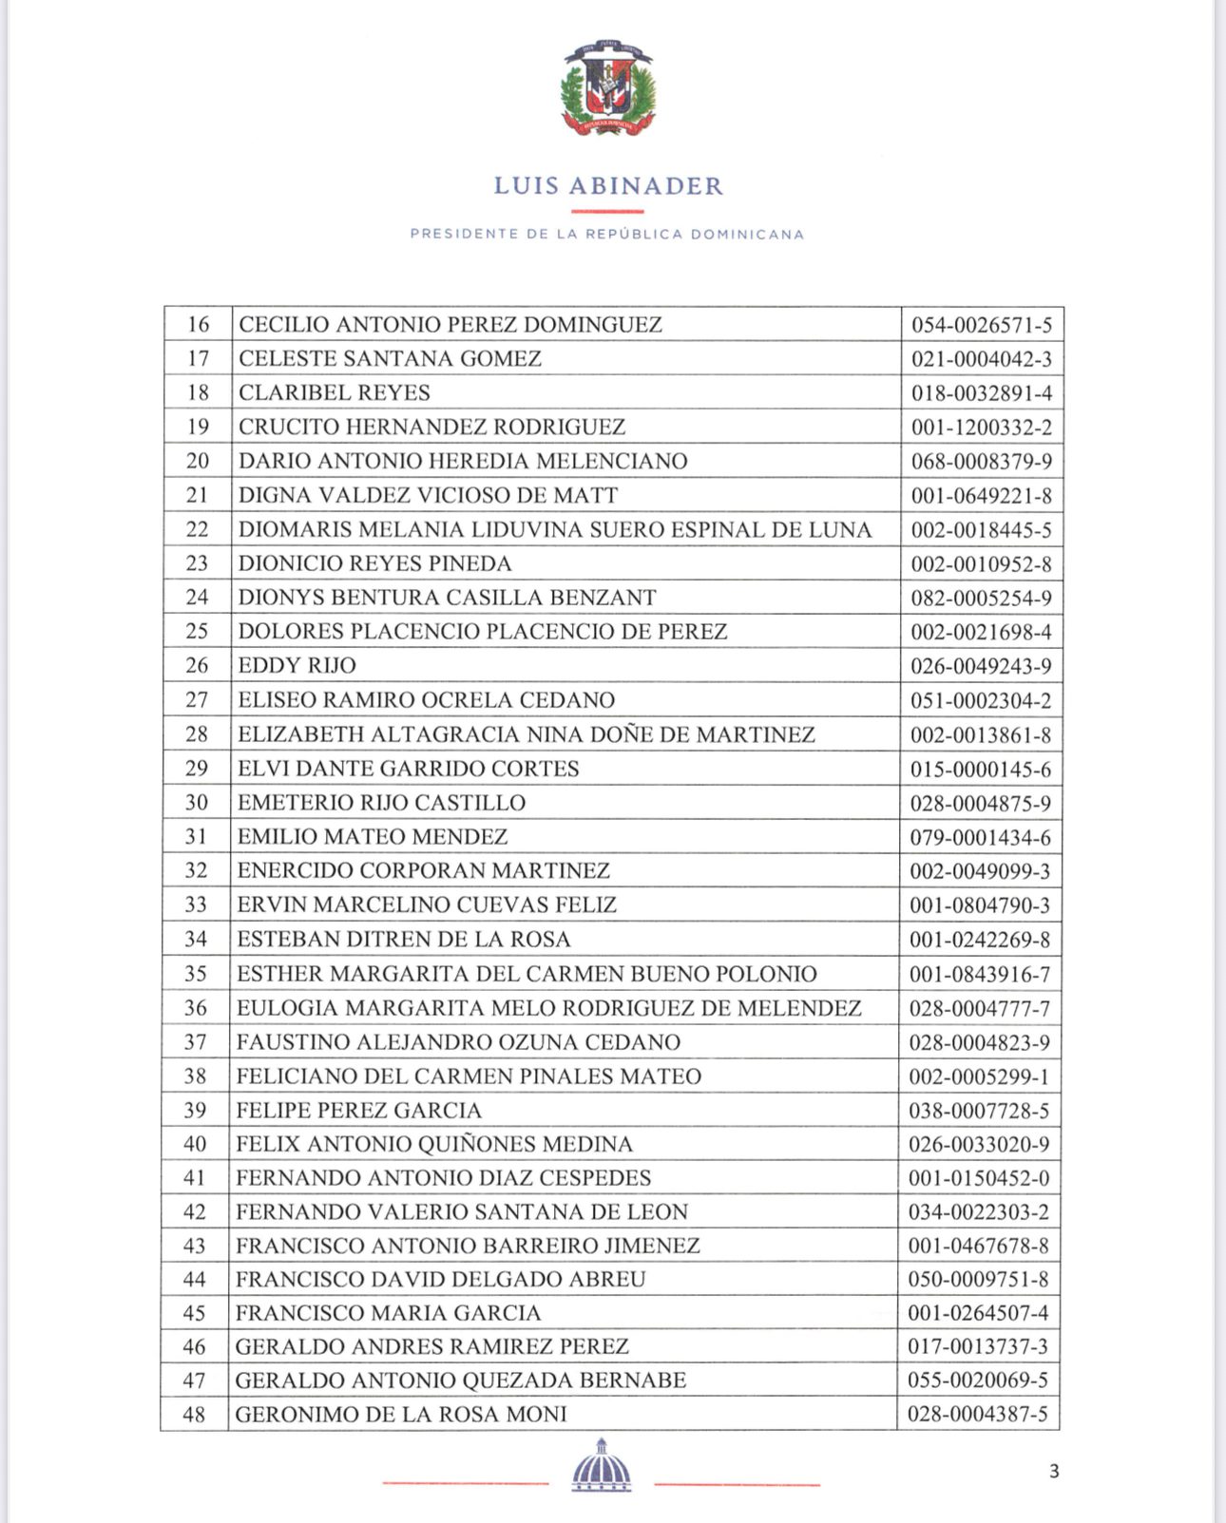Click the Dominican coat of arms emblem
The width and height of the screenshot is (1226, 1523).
click(x=608, y=87)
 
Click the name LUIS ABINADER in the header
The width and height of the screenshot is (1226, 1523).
click(x=608, y=185)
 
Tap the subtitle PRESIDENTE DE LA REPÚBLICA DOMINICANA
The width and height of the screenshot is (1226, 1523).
click(x=607, y=234)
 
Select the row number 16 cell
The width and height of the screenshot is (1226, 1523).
click(x=198, y=324)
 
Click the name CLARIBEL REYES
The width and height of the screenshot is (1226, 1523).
click(x=335, y=392)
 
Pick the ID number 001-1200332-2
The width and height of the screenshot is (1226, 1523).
click(x=982, y=428)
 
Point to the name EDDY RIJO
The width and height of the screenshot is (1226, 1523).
click(x=297, y=665)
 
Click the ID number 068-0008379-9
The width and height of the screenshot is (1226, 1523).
click(x=982, y=462)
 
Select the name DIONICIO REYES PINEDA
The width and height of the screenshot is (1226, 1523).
click(x=375, y=563)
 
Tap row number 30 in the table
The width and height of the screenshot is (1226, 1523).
click(x=197, y=802)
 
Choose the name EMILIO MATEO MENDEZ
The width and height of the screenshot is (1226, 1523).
click(x=373, y=836)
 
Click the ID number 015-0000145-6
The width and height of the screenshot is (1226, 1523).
click(x=981, y=769)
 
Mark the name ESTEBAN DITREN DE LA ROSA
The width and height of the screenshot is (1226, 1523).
click(x=404, y=939)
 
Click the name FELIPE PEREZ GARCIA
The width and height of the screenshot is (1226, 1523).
click(x=359, y=1110)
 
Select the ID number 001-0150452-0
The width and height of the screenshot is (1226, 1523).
click(x=979, y=1178)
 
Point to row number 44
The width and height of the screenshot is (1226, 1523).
click(x=195, y=1279)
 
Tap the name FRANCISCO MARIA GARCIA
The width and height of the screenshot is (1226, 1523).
click(x=389, y=1313)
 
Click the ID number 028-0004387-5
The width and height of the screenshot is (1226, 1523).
click(x=978, y=1415)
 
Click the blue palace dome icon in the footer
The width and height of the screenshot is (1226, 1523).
click(x=602, y=1466)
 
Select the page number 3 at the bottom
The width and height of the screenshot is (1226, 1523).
click(x=1054, y=1472)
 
